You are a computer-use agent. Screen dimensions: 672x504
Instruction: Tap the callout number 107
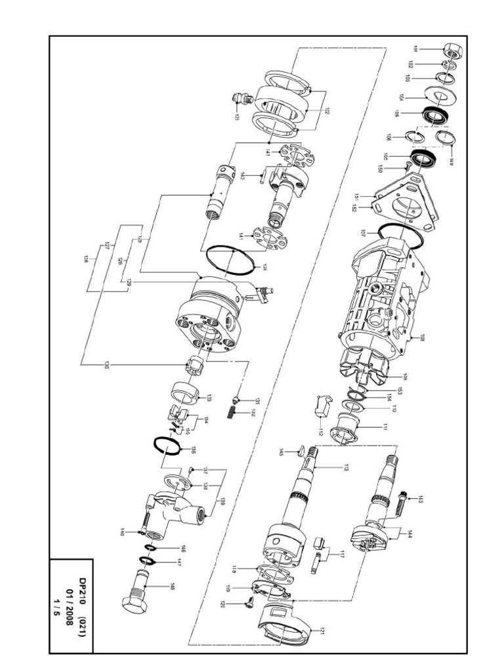(362, 232)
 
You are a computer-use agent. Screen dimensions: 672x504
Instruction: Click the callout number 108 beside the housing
(423, 339)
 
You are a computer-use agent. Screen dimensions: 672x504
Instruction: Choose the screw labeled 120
(252, 599)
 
